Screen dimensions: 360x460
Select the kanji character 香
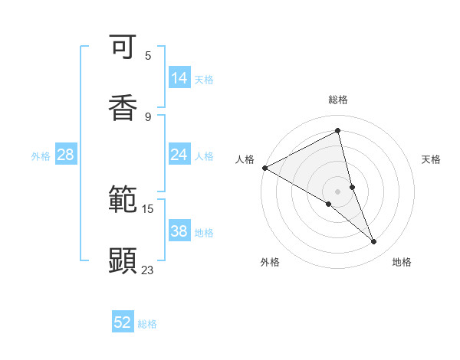123,107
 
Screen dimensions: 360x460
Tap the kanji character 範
123,201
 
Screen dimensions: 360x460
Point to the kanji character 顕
123,260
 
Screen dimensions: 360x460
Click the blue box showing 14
179,78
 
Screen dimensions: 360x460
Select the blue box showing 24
179,155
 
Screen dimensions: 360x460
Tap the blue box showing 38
179,231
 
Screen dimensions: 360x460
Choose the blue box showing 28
66,155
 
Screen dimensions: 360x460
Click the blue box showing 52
123,322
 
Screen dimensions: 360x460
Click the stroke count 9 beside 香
148,116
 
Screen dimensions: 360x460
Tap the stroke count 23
148,270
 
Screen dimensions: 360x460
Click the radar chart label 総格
338,100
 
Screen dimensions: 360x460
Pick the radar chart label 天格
431,159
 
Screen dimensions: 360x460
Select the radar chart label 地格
402,262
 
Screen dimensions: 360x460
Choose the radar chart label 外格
270,262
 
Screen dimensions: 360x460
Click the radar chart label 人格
245,159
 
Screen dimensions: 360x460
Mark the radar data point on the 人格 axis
264,168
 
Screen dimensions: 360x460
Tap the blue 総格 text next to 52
147,324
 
